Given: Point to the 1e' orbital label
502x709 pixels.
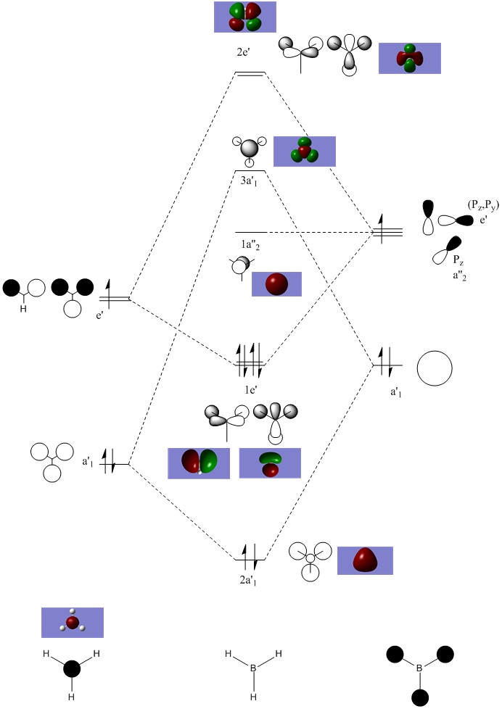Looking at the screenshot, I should click(250, 389).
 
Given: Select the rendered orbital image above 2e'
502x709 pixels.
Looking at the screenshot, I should click(246, 17).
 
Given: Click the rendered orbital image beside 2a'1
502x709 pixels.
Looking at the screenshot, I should click(365, 560).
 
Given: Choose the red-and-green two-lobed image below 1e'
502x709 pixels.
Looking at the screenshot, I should click(199, 463).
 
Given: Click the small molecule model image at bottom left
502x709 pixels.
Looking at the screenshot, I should click(73, 622).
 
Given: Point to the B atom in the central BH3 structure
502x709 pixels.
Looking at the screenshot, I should click(252, 666).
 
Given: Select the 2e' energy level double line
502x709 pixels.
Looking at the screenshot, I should click(250, 73).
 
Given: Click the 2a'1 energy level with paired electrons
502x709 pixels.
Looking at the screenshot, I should click(250, 559).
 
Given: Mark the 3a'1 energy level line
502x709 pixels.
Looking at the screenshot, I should click(250, 171).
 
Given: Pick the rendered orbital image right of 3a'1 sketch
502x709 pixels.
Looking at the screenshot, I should click(305, 151).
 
